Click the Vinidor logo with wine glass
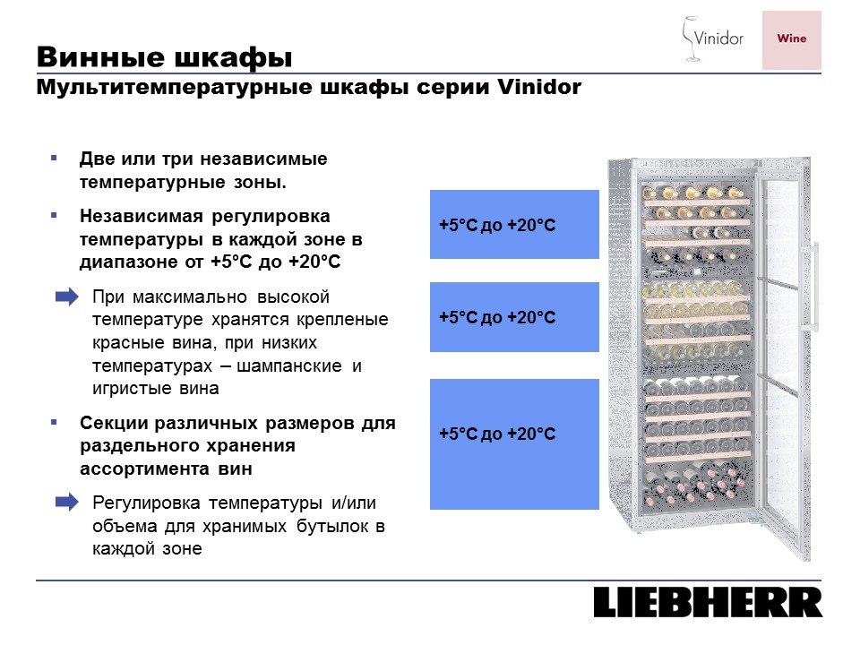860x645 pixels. coord(712,39)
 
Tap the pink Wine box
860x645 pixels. coord(791,40)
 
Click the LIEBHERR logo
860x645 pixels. coord(708,602)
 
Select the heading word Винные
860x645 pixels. coord(100,56)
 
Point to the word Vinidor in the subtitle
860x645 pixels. coord(539,87)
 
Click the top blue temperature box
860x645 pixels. coord(514,224)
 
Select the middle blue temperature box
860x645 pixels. coord(514,317)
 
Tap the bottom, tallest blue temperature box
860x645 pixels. coord(514,444)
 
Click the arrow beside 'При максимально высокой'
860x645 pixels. coord(67,297)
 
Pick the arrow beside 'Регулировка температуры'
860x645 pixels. coord(67,502)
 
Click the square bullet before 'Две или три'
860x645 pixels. coord(54,158)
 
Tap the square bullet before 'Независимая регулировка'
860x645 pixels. coord(54,216)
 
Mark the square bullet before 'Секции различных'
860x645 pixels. coord(54,422)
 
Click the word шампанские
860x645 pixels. coord(289,366)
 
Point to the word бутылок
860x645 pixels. coord(333,527)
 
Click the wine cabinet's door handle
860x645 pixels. coord(814,285)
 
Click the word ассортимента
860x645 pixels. coord(144,469)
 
